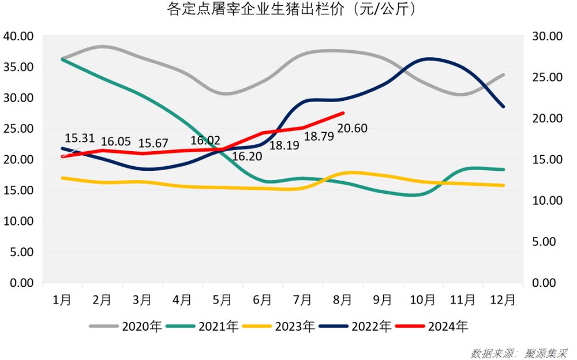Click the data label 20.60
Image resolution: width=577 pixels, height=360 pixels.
(352, 129)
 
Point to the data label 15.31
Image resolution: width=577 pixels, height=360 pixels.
(80, 138)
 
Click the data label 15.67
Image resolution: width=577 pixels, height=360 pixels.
(153, 142)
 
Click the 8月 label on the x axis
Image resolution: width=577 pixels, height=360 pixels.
(343, 299)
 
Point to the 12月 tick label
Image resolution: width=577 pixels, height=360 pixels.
(503, 299)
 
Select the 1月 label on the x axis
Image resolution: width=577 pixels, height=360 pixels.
(62, 299)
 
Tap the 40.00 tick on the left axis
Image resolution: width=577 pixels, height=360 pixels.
(19, 36)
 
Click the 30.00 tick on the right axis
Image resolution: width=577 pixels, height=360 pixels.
(546, 36)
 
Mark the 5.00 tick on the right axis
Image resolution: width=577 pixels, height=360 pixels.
(544, 242)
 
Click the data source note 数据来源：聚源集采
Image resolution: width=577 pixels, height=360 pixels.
(519, 351)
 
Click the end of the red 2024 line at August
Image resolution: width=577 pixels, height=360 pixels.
(343, 113)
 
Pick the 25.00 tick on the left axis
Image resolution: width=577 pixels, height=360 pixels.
(19, 128)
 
